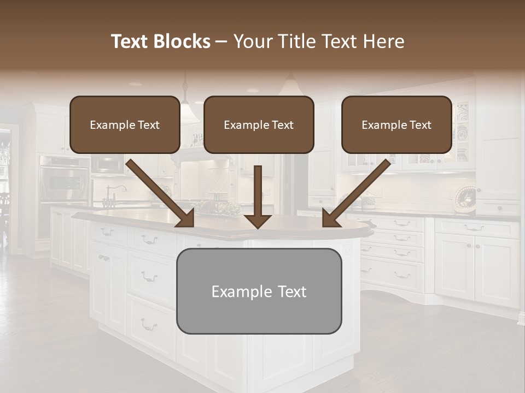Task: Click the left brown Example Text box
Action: (x=125, y=124)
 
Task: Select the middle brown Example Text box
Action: (x=259, y=124)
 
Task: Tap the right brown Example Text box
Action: (x=396, y=124)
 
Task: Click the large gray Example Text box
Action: (x=259, y=291)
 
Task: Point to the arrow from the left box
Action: (x=162, y=193)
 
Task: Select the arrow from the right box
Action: (x=355, y=193)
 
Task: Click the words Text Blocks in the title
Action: (x=161, y=41)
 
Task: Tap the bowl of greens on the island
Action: (x=219, y=207)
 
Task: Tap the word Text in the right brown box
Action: (x=420, y=125)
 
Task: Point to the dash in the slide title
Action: (x=221, y=42)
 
